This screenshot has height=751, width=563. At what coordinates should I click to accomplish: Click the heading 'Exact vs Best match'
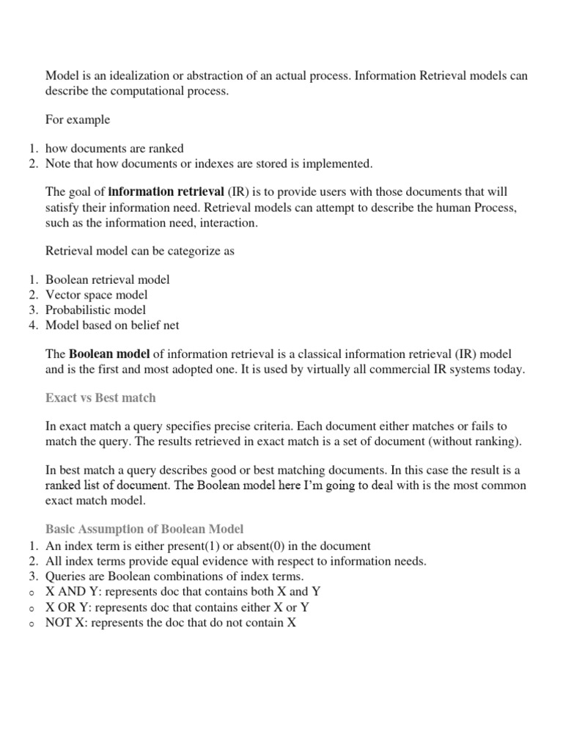tap(100, 398)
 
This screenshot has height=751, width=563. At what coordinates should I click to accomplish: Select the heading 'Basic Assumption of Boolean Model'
tap(144, 529)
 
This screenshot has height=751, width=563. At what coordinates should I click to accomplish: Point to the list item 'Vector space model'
tap(96, 295)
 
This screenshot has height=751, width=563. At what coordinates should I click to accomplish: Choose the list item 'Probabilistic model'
tap(95, 309)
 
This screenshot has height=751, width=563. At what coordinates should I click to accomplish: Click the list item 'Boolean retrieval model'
tap(107, 279)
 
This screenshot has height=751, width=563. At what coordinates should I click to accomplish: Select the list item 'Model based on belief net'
tap(112, 325)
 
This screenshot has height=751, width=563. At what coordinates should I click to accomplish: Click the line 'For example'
tap(78, 120)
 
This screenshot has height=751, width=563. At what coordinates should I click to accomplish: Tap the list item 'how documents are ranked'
tap(114, 148)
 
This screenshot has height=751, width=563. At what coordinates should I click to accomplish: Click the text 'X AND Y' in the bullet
tap(70, 591)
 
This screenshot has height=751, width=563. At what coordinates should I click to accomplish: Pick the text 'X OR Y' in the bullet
tap(66, 607)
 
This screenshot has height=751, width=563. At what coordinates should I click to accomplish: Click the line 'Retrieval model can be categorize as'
tap(140, 251)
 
